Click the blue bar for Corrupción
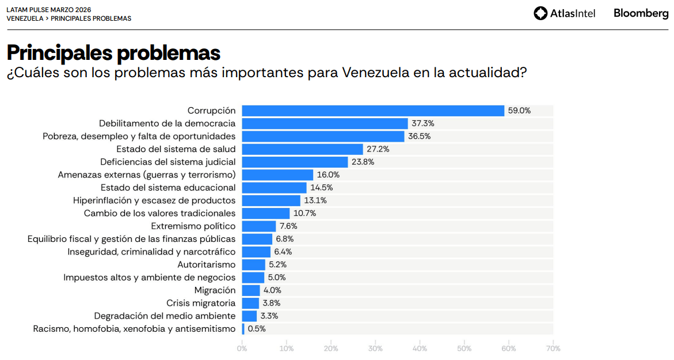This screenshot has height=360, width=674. coord(373,111)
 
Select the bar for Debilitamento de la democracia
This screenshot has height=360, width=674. coord(325,123)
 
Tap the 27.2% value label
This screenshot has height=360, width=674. coord(378,149)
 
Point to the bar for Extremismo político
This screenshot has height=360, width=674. coord(259,226)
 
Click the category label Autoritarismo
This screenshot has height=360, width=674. coord(207,265)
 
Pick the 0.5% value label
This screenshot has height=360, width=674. coord(257,329)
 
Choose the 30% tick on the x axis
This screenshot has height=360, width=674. coord(375,348)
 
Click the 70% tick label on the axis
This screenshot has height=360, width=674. coord(553,348)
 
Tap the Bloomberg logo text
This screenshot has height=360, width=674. coord(641,13)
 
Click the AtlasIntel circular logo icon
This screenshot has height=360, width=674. coord(540,13)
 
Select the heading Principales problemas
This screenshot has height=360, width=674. coord(113,53)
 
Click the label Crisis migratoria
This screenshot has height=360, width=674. coord(201,303)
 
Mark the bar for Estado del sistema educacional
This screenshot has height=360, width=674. coord(274,188)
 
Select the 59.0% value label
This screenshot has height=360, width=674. coord(519,111)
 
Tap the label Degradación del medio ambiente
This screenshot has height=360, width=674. coord(165,316)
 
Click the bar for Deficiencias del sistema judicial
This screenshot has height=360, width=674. coord(295,162)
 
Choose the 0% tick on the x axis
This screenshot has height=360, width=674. coord(242,348)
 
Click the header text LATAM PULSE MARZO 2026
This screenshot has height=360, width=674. coord(49,10)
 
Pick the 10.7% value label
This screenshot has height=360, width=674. coord(304,213)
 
